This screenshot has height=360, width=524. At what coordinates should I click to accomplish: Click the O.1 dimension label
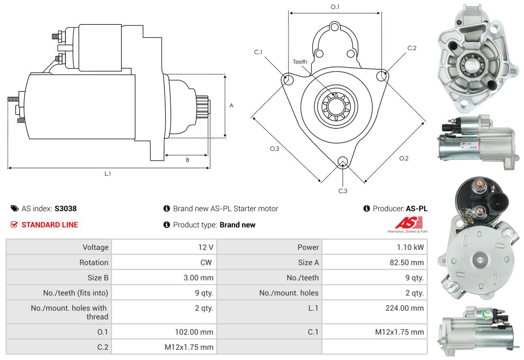click(335, 7)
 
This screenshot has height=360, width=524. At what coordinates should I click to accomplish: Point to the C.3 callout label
click(343, 191)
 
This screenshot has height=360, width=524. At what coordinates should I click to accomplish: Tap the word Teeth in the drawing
click(300, 62)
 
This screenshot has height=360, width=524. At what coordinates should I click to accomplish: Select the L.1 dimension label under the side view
click(107, 174)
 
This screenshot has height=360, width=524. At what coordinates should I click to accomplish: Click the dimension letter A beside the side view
click(231, 105)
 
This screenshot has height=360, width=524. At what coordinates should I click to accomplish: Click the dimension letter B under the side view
click(187, 160)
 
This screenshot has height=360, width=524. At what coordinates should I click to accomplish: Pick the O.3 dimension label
click(275, 149)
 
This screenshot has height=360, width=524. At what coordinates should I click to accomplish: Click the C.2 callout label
click(412, 48)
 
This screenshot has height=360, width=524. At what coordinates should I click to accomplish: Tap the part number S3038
click(65, 208)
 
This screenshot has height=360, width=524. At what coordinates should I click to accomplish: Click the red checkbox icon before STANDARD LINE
click(14, 224)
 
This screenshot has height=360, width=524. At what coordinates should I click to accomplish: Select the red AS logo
click(409, 222)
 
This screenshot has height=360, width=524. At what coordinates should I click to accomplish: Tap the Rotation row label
click(94, 262)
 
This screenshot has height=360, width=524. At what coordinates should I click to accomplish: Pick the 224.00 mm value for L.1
click(405, 308)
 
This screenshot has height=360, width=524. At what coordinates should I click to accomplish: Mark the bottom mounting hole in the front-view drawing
click(342, 162)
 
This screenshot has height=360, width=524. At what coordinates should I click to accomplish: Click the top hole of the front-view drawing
click(334, 27)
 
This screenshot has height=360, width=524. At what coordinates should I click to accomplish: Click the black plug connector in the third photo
click(498, 202)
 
